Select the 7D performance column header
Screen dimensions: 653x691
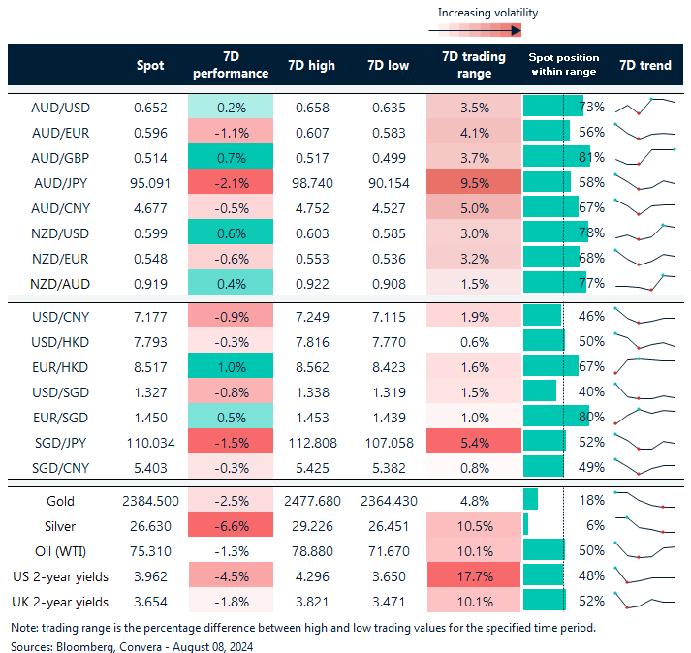pyautogui.click(x=232, y=65)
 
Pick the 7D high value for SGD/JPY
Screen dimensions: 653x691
pyautogui.click(x=311, y=441)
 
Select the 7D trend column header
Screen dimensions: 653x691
pyautogui.click(x=645, y=65)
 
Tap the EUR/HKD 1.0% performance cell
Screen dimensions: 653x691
pyautogui.click(x=232, y=365)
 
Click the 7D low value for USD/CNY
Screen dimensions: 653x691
pyautogui.click(x=388, y=316)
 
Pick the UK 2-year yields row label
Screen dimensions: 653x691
pyautogui.click(x=59, y=601)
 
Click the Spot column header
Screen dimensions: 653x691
pyautogui.click(x=150, y=65)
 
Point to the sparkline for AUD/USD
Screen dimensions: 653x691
pyautogui.click(x=645, y=106)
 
